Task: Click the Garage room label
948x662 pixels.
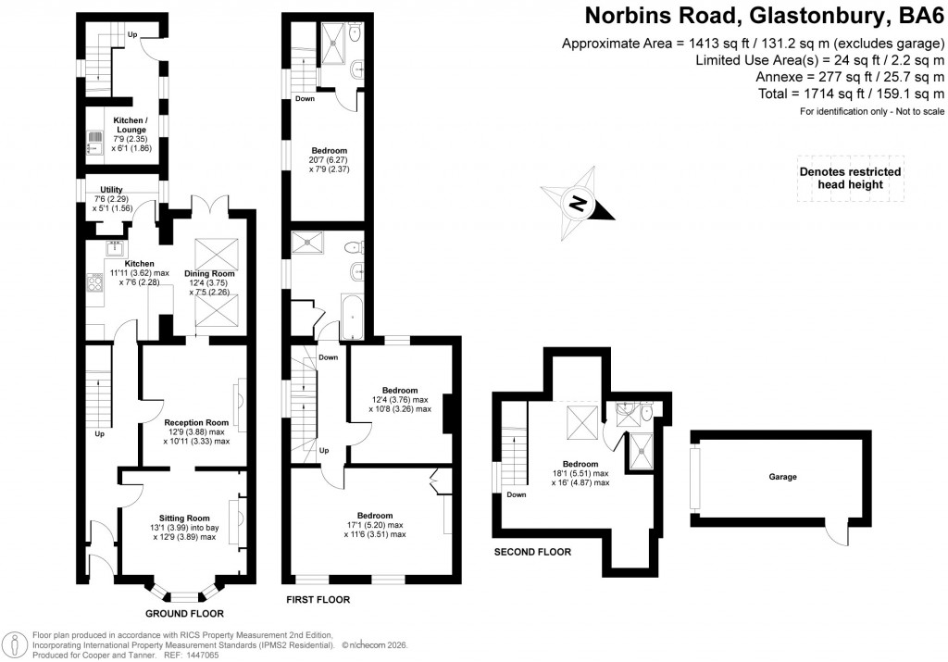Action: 782,477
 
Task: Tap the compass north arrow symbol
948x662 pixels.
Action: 578,203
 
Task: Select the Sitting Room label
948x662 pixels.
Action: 185,518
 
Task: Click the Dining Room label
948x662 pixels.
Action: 210,274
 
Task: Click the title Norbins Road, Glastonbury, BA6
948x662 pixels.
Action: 764,16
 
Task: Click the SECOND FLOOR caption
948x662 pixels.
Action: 531,552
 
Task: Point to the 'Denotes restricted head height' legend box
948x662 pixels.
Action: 850,178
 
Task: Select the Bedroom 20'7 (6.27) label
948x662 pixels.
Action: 329,150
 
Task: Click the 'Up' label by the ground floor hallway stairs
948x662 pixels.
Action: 99,433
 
